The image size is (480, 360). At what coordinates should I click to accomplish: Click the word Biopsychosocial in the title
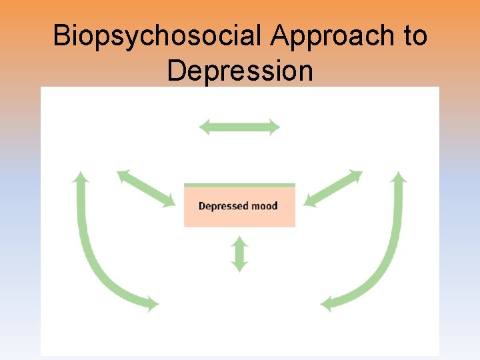click(x=157, y=36)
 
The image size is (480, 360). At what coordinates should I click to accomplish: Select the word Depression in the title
click(x=240, y=69)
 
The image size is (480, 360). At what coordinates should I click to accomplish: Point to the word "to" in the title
click(x=413, y=36)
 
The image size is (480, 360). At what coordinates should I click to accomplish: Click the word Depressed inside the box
click(x=223, y=206)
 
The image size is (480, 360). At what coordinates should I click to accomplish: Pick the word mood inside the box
click(x=264, y=206)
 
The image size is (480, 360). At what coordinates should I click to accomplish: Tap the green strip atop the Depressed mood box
click(x=239, y=185)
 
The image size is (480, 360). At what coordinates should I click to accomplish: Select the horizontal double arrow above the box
click(x=240, y=127)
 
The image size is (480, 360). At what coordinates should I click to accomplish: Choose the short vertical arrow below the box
click(x=239, y=254)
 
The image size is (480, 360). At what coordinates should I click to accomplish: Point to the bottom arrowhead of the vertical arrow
click(x=239, y=268)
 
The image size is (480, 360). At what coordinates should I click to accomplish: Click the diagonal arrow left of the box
click(x=147, y=189)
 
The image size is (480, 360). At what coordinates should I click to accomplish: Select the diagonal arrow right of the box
click(x=333, y=189)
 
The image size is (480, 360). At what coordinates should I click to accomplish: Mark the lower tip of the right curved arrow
click(x=325, y=305)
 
